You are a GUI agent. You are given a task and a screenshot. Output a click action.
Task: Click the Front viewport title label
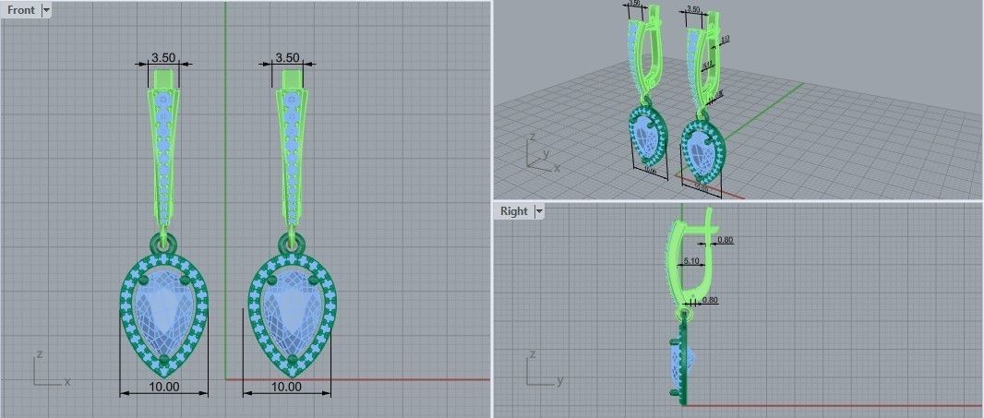(20, 10)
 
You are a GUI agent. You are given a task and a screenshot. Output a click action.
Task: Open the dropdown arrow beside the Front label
(46, 10)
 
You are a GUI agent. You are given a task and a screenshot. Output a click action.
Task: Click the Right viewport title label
(513, 211)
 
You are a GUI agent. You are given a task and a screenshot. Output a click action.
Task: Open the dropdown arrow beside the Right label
(540, 211)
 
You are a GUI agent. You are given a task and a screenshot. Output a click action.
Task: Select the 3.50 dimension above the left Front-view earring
(164, 58)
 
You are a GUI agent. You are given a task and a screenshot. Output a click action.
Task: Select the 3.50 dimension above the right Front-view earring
(287, 58)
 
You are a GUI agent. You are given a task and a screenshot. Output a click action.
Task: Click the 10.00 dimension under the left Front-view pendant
(163, 387)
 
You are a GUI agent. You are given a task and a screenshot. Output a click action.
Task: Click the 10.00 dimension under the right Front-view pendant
(286, 387)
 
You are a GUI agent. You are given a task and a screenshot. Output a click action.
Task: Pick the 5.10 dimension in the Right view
(690, 262)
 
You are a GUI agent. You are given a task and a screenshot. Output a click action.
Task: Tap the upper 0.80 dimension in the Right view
(725, 240)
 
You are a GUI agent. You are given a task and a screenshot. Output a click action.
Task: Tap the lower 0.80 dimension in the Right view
(710, 300)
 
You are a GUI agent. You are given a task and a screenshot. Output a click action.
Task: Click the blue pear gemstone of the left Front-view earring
(163, 309)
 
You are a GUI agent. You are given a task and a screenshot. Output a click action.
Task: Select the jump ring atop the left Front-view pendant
(166, 243)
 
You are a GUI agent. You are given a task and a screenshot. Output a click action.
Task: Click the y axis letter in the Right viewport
(561, 379)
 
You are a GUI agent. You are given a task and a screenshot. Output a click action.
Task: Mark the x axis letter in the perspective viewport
(557, 168)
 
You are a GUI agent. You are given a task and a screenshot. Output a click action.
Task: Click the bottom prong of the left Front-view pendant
(164, 359)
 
